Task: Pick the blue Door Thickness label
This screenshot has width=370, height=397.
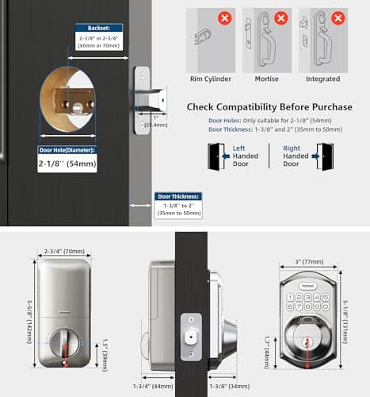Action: (178, 196)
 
